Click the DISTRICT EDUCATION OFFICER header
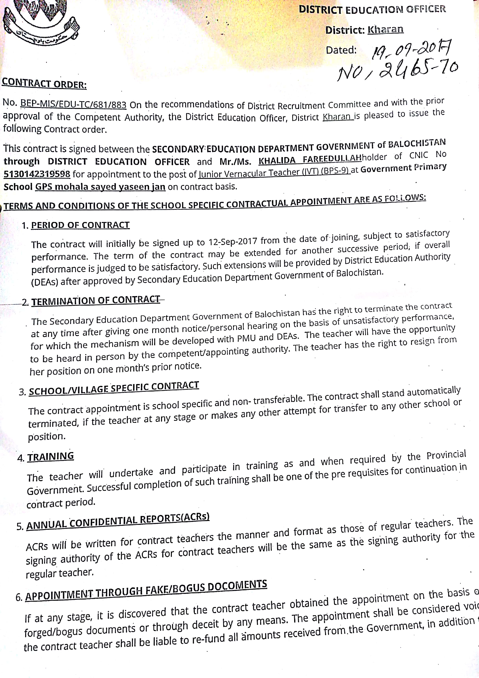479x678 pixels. pos(372,9)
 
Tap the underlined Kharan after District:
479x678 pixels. pos(385,29)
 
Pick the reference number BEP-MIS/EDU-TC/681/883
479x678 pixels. pos(73,104)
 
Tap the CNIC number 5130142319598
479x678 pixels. pos(37,174)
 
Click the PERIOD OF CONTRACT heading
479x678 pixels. pos(80,225)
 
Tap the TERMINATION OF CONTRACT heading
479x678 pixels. pos(96,301)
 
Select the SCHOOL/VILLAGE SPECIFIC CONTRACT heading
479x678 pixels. pos(114,388)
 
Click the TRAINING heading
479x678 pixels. pos(51,457)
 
